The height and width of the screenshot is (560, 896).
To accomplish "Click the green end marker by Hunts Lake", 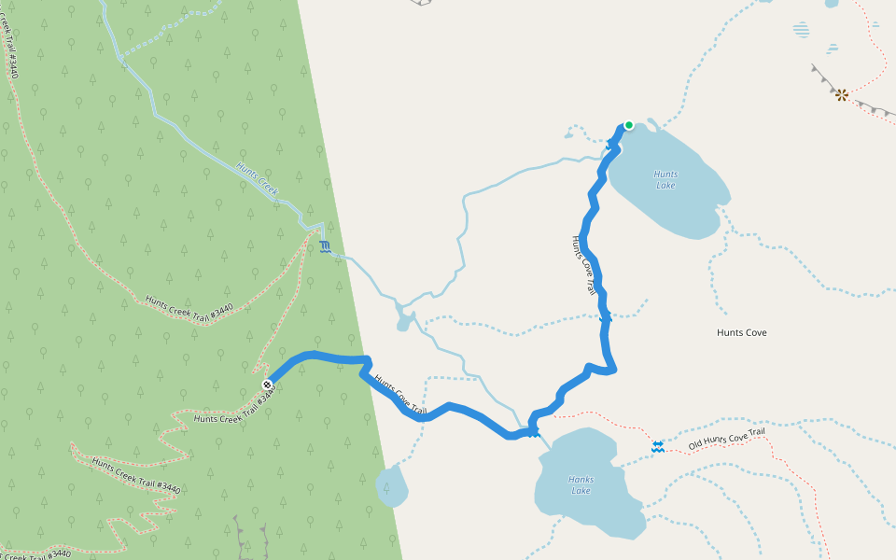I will tap(629, 125).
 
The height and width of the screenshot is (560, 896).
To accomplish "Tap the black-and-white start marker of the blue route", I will tap(267, 385).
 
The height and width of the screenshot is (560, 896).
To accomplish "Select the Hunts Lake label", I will tap(665, 179).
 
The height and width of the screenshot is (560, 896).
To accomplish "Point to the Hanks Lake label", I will tap(581, 485).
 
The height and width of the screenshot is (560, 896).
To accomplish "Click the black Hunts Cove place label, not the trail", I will tap(742, 332).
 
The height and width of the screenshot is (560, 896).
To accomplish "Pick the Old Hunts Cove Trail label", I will tap(726, 439).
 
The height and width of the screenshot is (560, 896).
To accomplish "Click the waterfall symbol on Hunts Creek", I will tap(324, 246).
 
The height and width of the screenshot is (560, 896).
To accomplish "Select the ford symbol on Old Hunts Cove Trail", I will tap(658, 447).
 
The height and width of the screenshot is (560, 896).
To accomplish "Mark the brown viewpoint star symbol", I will tap(841, 94).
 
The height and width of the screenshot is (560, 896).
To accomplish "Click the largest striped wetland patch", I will tap(802, 29).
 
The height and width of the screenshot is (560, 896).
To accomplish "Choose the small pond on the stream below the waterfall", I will tap(405, 322).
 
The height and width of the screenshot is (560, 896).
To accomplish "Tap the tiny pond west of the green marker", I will tap(568, 135).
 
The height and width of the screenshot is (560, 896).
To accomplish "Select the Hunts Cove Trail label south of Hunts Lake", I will tap(583, 265).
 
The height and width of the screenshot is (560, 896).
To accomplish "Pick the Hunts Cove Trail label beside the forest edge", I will tap(399, 395).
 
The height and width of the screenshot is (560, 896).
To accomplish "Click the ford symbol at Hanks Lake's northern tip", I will tap(534, 431).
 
